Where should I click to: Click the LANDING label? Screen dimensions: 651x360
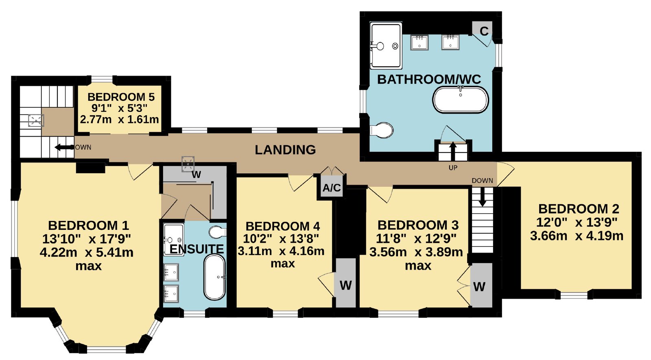click(285, 150)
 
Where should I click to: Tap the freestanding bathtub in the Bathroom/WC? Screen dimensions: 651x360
click(461, 100)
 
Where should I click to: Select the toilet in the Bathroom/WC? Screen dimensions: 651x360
click(382, 130)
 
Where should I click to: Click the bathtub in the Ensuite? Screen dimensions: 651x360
click(214, 277)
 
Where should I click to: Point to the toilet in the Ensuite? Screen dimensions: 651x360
click(218, 231)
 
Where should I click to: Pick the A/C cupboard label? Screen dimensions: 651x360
click(332, 188)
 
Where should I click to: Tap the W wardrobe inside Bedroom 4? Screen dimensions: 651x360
click(346, 282)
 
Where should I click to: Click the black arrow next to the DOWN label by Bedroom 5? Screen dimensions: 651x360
click(64, 147)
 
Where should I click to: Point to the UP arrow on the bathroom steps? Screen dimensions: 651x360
click(453, 151)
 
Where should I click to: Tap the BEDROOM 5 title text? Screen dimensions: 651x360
click(121, 97)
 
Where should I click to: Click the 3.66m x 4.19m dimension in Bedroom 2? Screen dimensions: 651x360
click(577, 236)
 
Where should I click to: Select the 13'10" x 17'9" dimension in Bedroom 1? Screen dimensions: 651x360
click(87, 239)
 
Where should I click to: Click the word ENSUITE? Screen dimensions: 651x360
click(197, 249)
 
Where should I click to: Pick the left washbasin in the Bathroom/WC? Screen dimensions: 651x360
click(419, 42)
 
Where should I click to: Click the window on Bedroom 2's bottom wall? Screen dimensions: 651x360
click(574, 295)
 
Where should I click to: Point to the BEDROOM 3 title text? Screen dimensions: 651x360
click(418, 225)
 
